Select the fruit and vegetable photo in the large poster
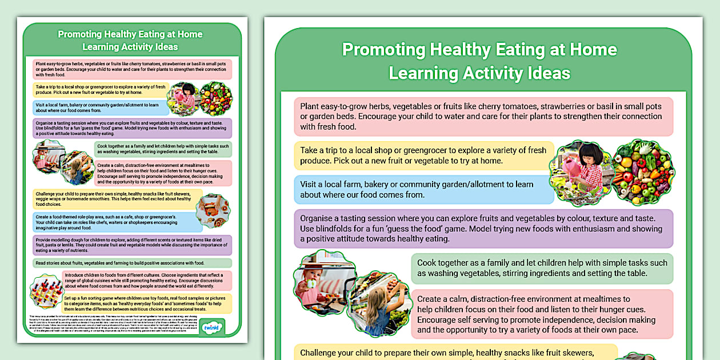click(x=643, y=171)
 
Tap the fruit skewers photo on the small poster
click(x=46, y=290)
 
